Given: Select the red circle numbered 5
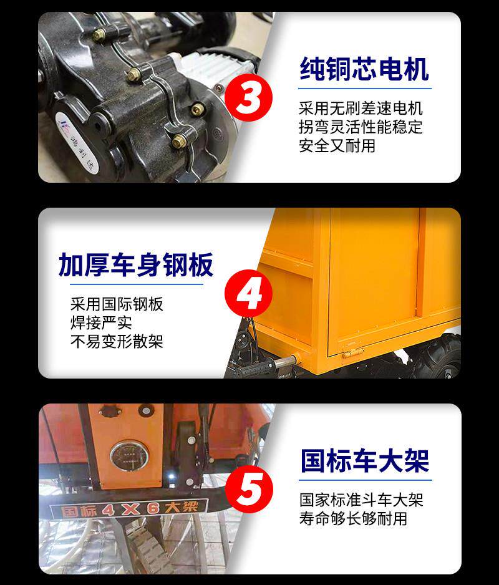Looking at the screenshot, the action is pyautogui.click(x=249, y=489).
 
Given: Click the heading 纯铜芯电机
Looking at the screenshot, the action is pyautogui.click(x=364, y=69).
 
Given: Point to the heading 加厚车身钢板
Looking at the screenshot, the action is pyautogui.click(x=136, y=265).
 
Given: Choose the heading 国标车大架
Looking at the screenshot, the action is pyautogui.click(x=365, y=461).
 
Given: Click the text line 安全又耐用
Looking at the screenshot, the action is pyautogui.click(x=337, y=145).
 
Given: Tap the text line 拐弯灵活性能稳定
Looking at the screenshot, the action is pyautogui.click(x=361, y=127).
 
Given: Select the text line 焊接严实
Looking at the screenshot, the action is pyautogui.click(x=101, y=322).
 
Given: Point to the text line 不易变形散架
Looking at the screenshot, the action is pyautogui.click(x=117, y=341).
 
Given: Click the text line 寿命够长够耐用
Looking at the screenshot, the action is pyautogui.click(x=353, y=519).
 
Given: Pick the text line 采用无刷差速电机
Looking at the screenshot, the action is pyautogui.click(x=361, y=108).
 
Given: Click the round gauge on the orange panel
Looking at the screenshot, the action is pyautogui.click(x=129, y=456).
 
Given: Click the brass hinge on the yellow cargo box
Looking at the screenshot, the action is pyautogui.click(x=352, y=352).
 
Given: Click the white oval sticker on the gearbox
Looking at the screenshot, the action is pyautogui.click(x=77, y=143).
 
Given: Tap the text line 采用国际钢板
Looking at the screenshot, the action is pyautogui.click(x=117, y=304).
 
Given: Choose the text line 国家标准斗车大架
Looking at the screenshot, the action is pyautogui.click(x=361, y=500).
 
